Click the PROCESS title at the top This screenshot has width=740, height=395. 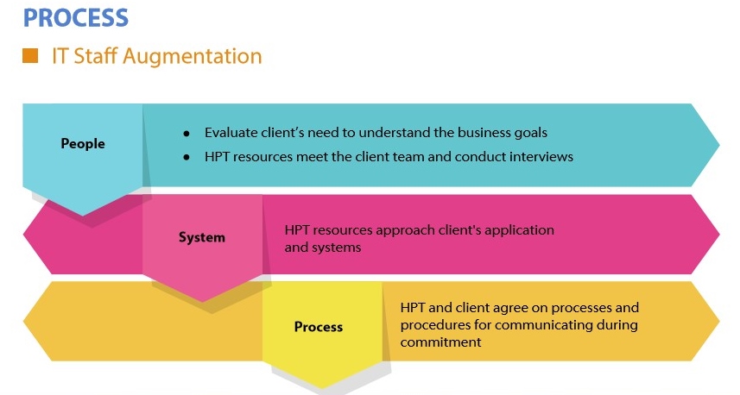[75, 18]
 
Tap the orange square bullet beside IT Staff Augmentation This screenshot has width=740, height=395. [30, 55]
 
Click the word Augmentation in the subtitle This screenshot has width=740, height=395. [192, 57]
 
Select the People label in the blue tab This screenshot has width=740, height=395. [83, 143]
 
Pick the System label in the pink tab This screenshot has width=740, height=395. [201, 237]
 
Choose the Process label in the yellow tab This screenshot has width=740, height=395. [319, 327]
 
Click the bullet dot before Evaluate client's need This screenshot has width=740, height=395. [187, 134]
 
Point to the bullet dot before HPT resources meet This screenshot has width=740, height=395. [187, 158]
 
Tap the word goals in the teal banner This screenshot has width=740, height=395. [529, 134]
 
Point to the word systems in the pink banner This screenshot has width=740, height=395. [338, 248]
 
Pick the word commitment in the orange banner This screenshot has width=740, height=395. [440, 342]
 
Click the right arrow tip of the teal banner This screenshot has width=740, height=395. [719, 145]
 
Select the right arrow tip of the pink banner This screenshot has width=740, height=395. [719, 235]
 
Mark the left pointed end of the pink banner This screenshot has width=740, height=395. [23, 235]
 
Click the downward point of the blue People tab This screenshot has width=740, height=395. [83, 216]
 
